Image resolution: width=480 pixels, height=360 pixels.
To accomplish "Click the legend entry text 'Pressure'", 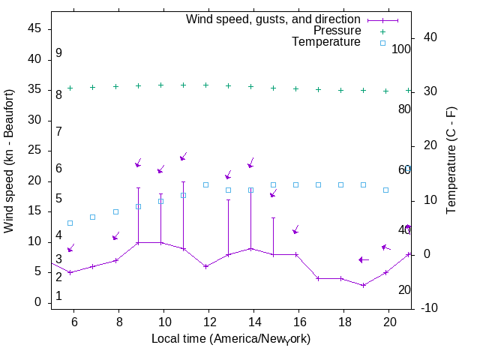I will click(x=337, y=31).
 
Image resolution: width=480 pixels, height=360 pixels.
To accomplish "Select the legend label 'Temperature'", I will click(x=326, y=42).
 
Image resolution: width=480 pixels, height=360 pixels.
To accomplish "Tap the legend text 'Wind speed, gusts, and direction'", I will click(x=274, y=19).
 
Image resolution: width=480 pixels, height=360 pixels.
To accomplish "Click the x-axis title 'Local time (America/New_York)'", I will click(x=231, y=339).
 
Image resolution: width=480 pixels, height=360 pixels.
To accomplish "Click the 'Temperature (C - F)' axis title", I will click(x=451, y=160).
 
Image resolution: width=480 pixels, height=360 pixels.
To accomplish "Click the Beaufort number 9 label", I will click(x=58, y=54).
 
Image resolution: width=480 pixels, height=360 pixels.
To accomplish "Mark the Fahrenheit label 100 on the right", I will click(x=402, y=49).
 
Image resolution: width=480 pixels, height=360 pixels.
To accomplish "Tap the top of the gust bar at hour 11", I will click(x=183, y=181).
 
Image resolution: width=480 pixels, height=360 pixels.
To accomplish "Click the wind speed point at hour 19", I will click(x=363, y=285).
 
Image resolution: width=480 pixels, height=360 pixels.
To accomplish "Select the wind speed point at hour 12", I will click(x=205, y=266).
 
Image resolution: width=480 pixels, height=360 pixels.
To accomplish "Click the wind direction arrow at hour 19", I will click(x=364, y=259).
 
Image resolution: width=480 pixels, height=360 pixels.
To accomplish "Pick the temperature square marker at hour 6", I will click(x=70, y=223).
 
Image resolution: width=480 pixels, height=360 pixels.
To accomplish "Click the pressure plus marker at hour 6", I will click(x=70, y=88).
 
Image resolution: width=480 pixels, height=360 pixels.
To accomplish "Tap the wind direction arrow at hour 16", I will click(x=296, y=229).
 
